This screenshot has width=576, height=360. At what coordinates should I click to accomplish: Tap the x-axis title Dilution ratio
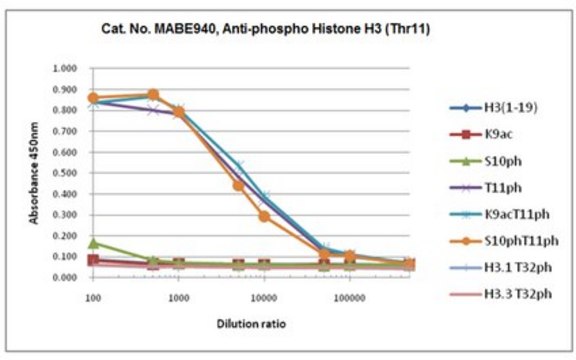pyautogui.click(x=249, y=325)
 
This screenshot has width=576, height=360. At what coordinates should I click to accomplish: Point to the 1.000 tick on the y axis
pyautogui.click(x=64, y=69)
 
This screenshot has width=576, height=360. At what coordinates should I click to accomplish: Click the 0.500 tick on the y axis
pyautogui.click(x=64, y=173)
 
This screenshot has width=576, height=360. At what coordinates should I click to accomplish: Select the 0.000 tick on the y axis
pyautogui.click(x=64, y=277)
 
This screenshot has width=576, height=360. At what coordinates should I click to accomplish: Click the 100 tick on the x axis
pyautogui.click(x=92, y=297)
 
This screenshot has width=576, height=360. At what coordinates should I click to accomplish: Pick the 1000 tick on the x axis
pyautogui.click(x=178, y=297)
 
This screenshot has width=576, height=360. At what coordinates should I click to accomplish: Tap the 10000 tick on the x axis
pyautogui.click(x=264, y=297)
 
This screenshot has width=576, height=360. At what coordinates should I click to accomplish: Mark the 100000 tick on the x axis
pyautogui.click(x=350, y=297)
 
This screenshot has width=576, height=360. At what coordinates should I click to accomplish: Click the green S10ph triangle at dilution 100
pyautogui.click(x=93, y=242)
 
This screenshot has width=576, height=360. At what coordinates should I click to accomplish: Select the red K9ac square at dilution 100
pyautogui.click(x=93, y=260)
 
